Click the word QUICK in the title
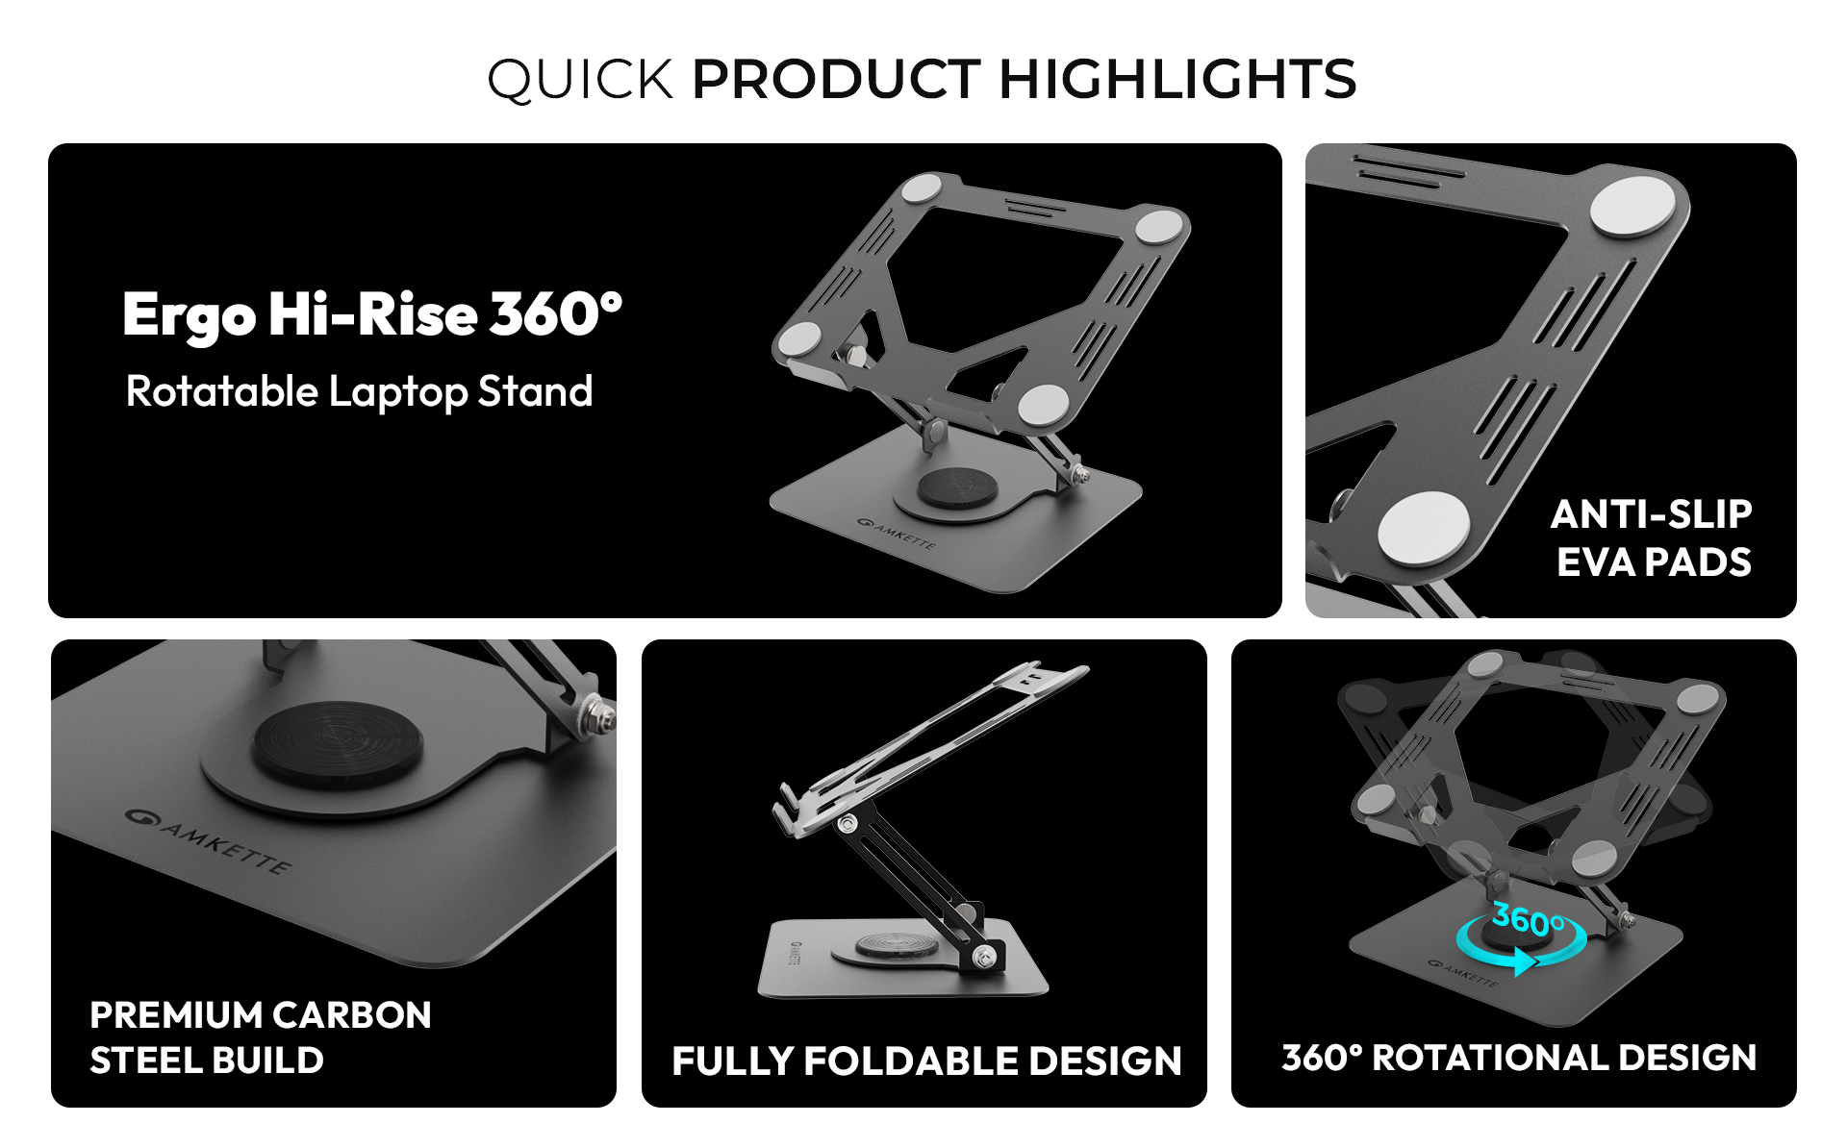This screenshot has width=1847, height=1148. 580,80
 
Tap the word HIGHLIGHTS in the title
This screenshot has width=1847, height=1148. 1178,79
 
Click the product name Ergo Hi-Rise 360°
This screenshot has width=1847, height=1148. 372,315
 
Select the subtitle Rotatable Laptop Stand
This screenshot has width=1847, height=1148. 359,392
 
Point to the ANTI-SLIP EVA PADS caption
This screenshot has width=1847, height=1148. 1652,538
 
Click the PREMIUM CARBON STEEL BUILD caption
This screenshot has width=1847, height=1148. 261,1037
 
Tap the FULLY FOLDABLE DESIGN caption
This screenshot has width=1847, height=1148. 926,1061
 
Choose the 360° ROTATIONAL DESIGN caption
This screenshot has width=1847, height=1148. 1519,1058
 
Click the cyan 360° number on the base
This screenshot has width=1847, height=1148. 1529,920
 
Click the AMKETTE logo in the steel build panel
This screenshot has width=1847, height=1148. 208,840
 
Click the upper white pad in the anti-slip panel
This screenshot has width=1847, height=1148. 1632,207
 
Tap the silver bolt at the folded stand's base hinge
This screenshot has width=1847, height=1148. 983,957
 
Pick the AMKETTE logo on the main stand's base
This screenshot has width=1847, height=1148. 896,533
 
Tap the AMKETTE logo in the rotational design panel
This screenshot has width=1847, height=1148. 1462,973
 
